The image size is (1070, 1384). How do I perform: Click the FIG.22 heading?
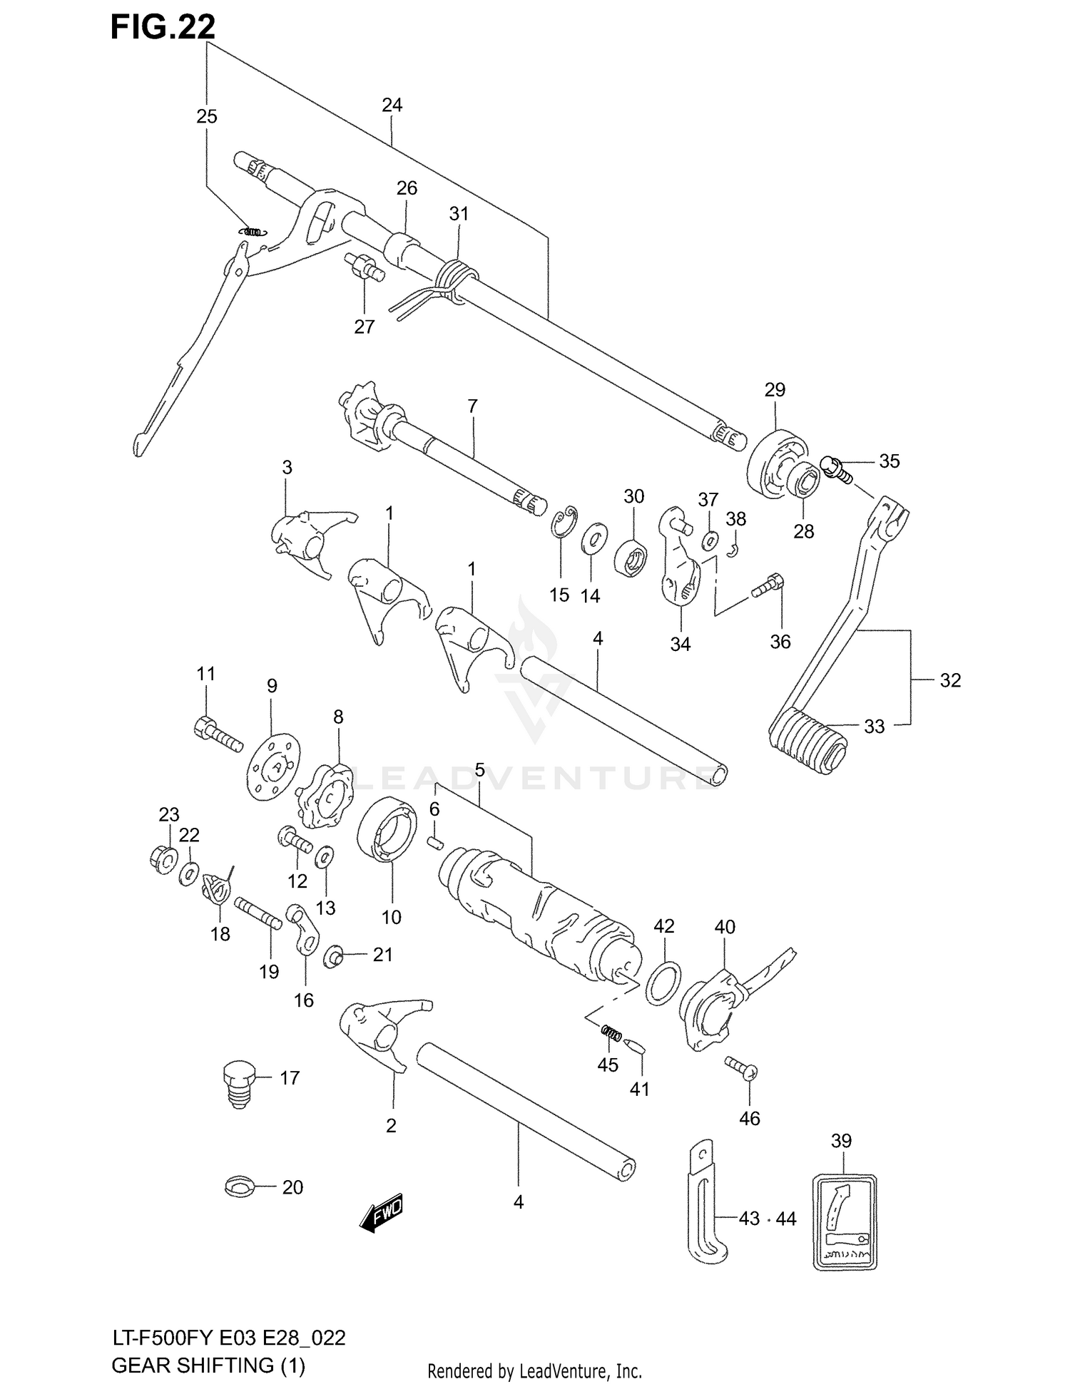coord(163,27)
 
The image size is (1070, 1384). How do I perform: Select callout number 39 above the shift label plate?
coord(841,1140)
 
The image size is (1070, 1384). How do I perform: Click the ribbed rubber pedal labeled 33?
coord(807,742)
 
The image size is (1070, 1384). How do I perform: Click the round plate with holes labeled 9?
coord(274,766)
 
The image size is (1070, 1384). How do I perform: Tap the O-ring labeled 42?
coord(663,981)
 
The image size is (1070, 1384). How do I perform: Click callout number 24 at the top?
coord(392,106)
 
